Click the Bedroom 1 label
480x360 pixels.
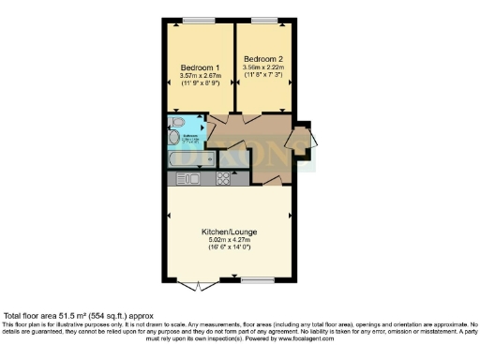[x=199, y=67]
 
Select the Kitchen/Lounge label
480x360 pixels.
[x=229, y=231]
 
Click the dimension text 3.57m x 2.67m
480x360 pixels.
[x=199, y=77]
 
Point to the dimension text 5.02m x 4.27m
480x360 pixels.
[x=229, y=240]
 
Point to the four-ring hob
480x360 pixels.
[x=225, y=178]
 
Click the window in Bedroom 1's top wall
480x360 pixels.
[x=198, y=20]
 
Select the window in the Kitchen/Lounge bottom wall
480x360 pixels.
[x=256, y=280]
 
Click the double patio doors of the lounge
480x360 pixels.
[x=200, y=284]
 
